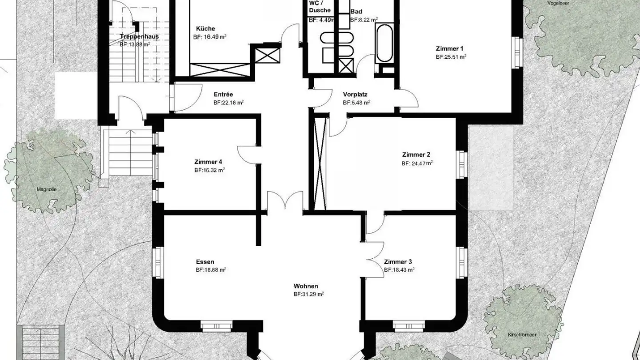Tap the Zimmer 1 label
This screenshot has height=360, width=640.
point(450,48)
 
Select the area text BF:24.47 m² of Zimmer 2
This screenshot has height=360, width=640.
point(417,163)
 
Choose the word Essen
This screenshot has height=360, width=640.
point(205,262)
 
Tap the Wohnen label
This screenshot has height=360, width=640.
point(306,286)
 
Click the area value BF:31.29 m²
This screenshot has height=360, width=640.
point(308,294)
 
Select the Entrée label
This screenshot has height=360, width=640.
point(223,94)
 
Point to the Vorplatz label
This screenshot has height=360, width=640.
point(355,94)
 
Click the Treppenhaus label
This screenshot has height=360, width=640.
point(139,36)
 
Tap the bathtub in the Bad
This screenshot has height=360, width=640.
point(384,44)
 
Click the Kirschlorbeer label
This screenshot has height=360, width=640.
point(519,334)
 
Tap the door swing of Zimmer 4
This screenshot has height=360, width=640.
point(247,155)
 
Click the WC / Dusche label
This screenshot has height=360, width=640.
point(320,7)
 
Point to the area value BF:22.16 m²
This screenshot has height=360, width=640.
point(228,102)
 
